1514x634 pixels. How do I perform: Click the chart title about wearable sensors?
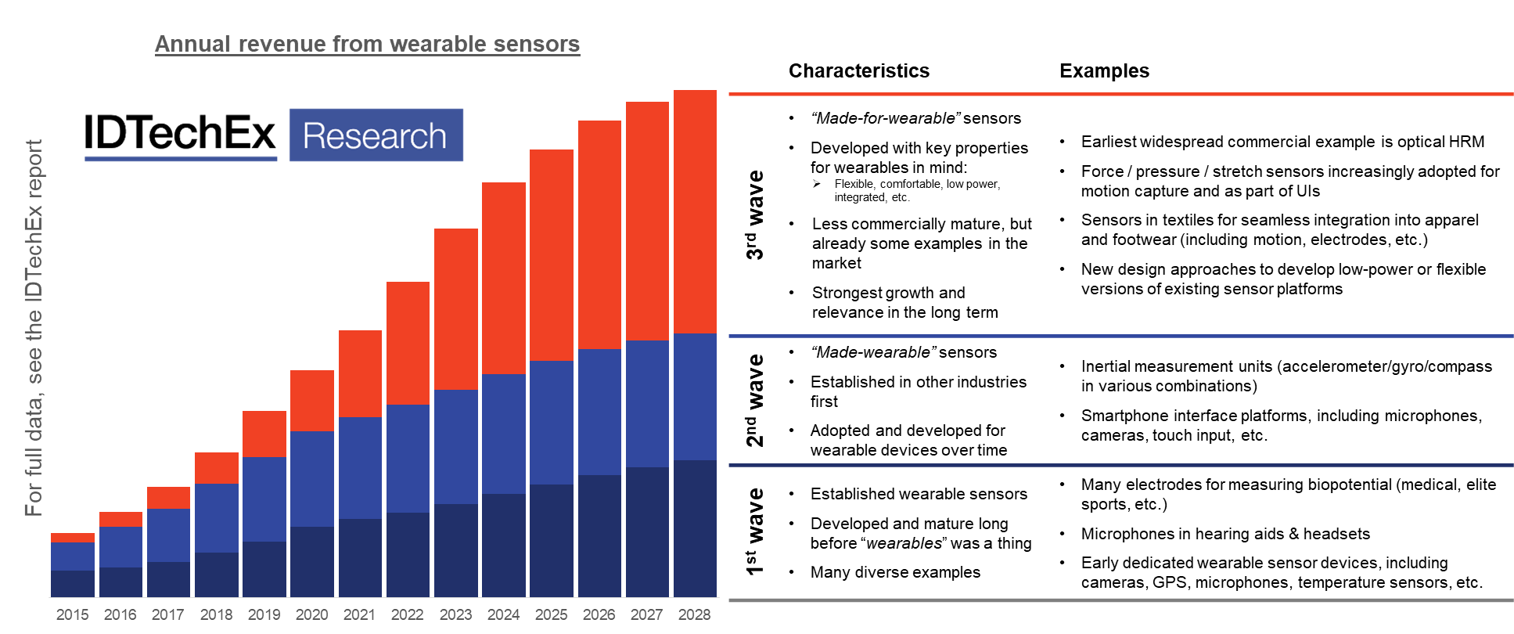pos(367,44)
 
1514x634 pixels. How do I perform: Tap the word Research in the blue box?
pos(375,136)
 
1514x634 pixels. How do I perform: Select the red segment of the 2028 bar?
pos(695,211)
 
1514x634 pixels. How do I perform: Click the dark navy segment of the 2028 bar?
pos(695,528)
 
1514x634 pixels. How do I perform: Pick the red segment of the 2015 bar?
pos(73,538)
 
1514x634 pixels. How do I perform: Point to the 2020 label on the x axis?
pos(311,614)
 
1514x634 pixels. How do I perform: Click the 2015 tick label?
pos(73,614)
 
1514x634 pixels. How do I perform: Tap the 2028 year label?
pos(695,614)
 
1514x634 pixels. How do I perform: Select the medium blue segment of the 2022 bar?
pos(408,459)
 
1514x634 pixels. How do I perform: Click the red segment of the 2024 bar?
pos(503,278)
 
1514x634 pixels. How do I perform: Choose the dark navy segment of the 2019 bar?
pos(264,569)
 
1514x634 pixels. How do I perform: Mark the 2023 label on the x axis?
pos(455,614)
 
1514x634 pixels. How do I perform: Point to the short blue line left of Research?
pos(181,159)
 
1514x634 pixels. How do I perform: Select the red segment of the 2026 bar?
pos(599,235)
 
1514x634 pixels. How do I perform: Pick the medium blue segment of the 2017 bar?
pos(168,535)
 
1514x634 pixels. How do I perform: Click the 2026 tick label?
pos(599,614)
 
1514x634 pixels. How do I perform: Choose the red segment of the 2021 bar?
pos(360,373)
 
